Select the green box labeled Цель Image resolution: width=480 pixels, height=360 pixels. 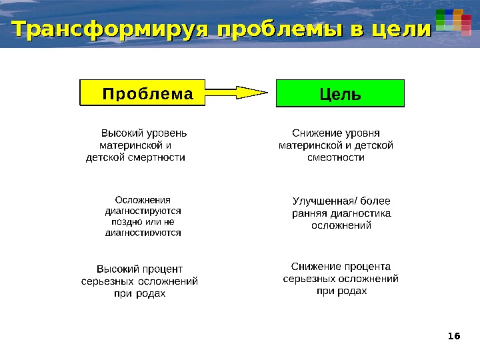click(340, 93)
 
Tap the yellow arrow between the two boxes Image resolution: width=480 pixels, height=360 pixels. click(238, 93)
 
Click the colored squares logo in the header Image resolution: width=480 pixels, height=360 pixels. click(453, 21)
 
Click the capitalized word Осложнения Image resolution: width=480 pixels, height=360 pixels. click(143, 199)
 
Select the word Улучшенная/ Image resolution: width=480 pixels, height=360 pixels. click(325, 201)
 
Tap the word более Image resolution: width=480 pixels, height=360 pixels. click(375, 201)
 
